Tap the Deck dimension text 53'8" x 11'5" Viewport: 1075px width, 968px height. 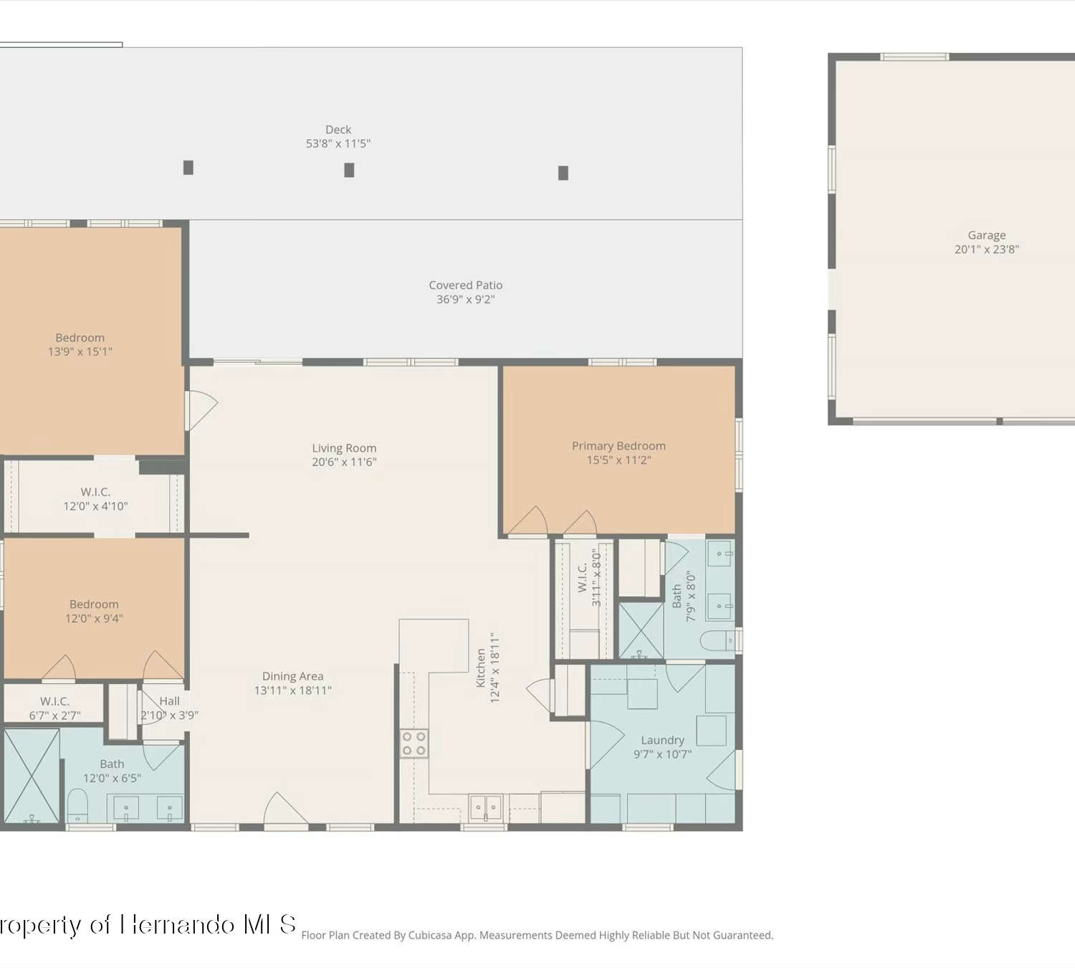coord(338,143)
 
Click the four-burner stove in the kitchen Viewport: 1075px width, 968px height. coord(414,744)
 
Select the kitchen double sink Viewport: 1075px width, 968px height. coord(485,807)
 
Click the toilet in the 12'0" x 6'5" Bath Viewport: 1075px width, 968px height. coord(77,805)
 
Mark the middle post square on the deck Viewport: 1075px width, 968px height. coord(349,170)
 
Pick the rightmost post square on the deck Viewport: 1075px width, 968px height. coord(563,173)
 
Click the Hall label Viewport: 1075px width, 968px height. coord(169,701)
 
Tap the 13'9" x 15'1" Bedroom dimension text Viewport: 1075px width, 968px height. coord(80,351)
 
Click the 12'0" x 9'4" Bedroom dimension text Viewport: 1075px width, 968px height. coord(95,618)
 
